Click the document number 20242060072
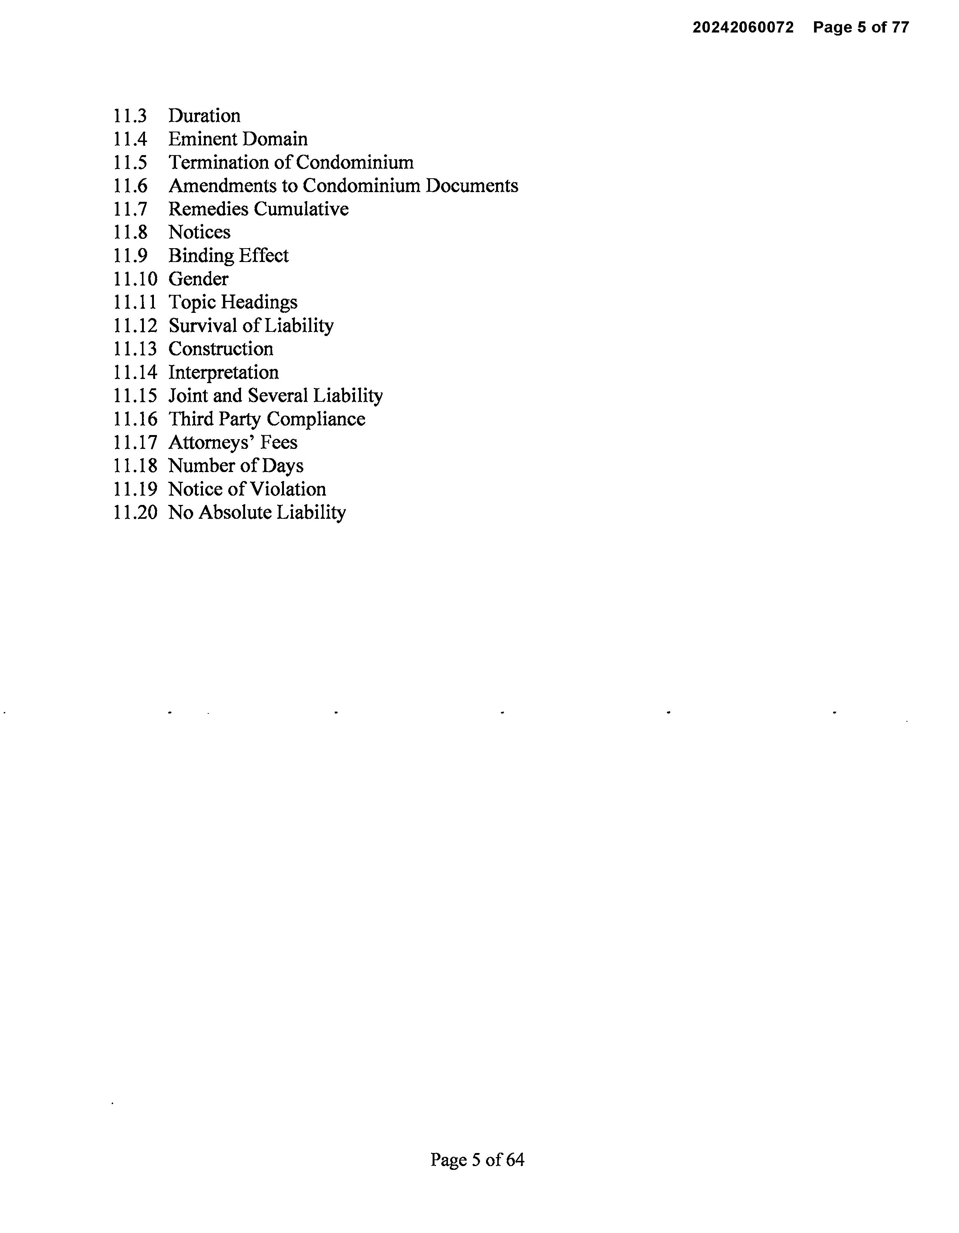pyautogui.click(x=742, y=27)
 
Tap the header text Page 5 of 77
pyautogui.click(x=861, y=27)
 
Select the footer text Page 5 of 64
pyautogui.click(x=477, y=1160)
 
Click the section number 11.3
pyautogui.click(x=130, y=116)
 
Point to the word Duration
pyautogui.click(x=204, y=116)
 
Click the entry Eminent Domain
pyautogui.click(x=238, y=139)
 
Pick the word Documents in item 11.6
pyautogui.click(x=471, y=186)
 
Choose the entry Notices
pyautogui.click(x=199, y=232)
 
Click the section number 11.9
pyautogui.click(x=130, y=256)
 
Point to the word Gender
pyautogui.click(x=198, y=279)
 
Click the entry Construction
pyautogui.click(x=221, y=349)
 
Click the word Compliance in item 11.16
pyautogui.click(x=316, y=419)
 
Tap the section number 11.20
pyautogui.click(x=135, y=513)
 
